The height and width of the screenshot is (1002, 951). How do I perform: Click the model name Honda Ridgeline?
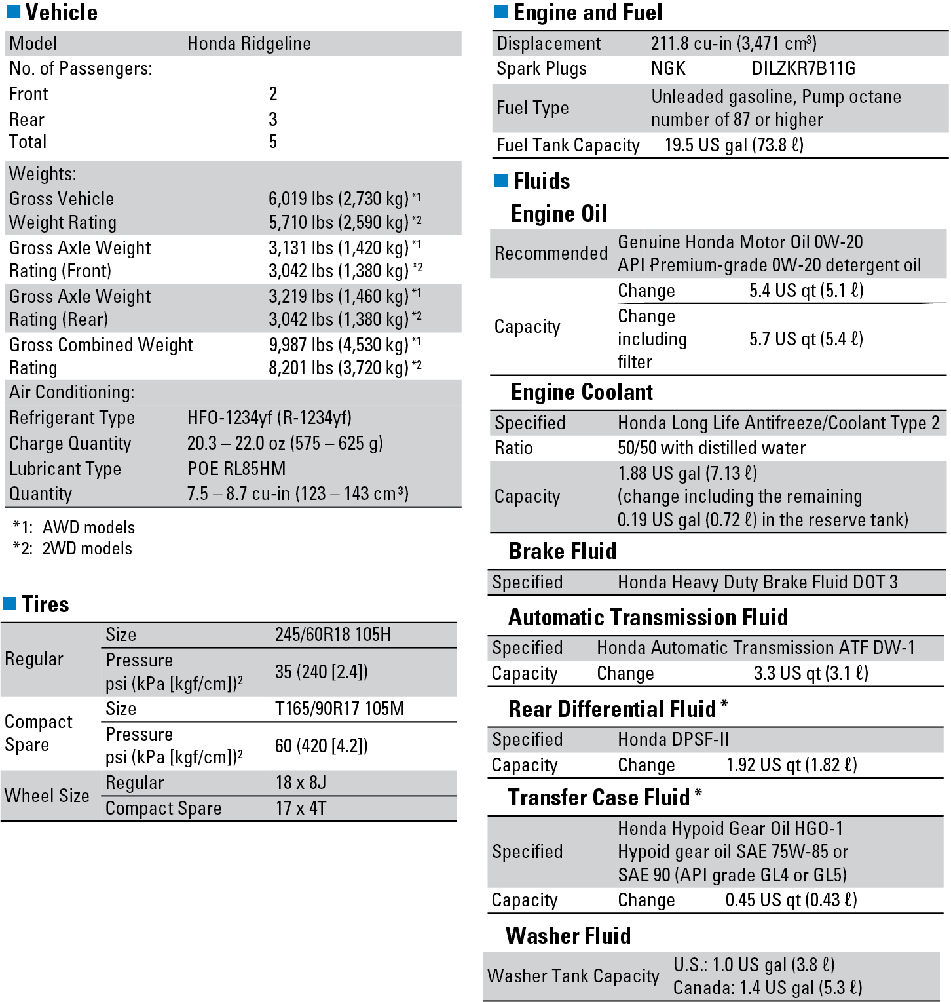pyautogui.click(x=249, y=44)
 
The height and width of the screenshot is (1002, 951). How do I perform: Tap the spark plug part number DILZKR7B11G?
pyautogui.click(x=804, y=69)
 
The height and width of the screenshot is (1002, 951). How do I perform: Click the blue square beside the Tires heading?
pyautogui.click(x=9, y=603)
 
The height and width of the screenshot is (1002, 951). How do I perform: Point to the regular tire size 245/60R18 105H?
pyautogui.click(x=333, y=634)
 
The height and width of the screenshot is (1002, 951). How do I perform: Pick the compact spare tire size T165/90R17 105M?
pyautogui.click(x=339, y=708)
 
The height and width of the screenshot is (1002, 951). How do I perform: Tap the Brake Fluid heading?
pyautogui.click(x=562, y=551)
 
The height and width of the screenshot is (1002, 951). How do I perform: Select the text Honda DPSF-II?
pyautogui.click(x=673, y=739)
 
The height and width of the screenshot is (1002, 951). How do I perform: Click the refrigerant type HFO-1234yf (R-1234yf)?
pyautogui.click(x=269, y=417)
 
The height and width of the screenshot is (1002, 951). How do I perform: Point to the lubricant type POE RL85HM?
pyautogui.click(x=236, y=469)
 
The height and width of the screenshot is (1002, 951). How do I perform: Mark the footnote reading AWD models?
pyautogui.click(x=88, y=528)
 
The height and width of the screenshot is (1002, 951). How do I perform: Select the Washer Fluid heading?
pyautogui.click(x=568, y=935)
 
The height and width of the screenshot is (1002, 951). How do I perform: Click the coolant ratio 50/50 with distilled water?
pyautogui.click(x=711, y=448)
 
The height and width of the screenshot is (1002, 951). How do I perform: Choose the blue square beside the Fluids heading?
pyautogui.click(x=501, y=180)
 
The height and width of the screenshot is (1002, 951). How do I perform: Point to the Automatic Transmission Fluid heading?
pyautogui.click(x=648, y=617)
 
